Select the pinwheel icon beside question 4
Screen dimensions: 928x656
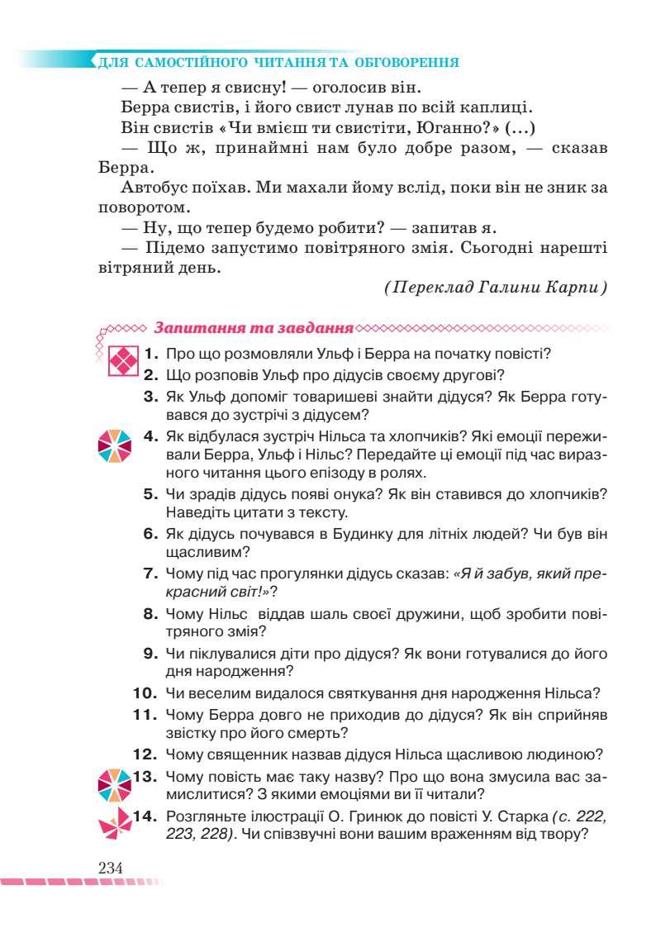tap(114, 445)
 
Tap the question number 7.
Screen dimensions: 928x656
tap(150, 574)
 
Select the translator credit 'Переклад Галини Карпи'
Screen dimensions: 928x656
tap(496, 288)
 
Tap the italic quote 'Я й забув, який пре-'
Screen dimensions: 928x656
tap(529, 574)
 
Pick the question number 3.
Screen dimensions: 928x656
tap(150, 397)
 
